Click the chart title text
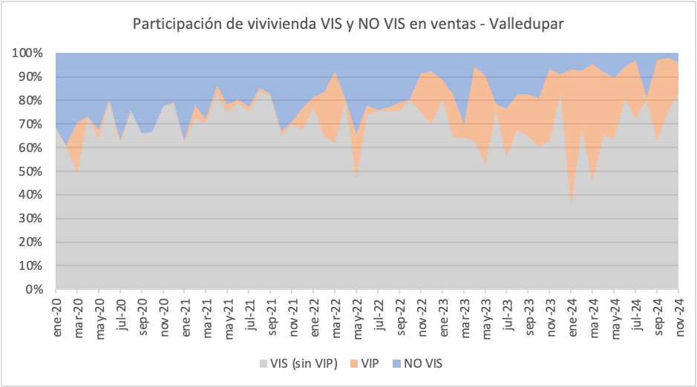[x=348, y=24]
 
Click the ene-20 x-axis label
[x=58, y=314]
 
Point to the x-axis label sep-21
[x=274, y=314]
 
